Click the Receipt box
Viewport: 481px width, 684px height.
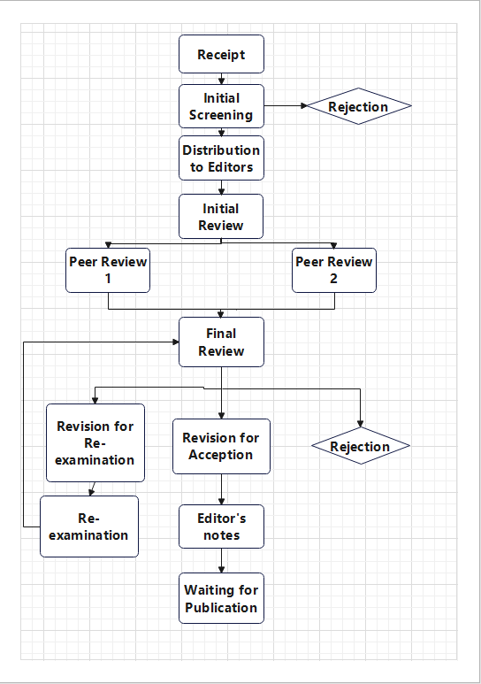click(221, 54)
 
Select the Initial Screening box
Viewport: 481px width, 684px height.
click(221, 106)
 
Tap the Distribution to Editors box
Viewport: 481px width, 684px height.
click(221, 158)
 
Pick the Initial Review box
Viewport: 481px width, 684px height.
click(221, 217)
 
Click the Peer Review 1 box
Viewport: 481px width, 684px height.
click(108, 270)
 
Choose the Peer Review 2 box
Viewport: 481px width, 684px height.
click(334, 270)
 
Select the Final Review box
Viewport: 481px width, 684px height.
click(221, 342)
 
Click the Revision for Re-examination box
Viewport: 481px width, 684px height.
click(95, 442)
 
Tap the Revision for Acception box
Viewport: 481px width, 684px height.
click(221, 446)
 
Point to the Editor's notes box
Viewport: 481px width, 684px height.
click(221, 526)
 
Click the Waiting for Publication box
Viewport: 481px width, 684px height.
click(221, 598)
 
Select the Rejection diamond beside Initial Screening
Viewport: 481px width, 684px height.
click(359, 106)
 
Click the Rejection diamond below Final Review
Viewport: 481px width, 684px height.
click(361, 446)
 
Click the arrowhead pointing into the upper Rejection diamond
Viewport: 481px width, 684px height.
click(304, 105)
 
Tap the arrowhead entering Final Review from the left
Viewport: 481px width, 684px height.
click(176, 342)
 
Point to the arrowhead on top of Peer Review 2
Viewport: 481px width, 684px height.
click(334, 246)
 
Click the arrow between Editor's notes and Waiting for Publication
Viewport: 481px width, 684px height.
click(221, 560)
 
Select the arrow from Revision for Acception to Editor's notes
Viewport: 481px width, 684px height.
click(221, 489)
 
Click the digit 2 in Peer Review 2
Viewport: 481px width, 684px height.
click(333, 279)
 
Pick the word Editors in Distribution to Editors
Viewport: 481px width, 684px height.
click(230, 167)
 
